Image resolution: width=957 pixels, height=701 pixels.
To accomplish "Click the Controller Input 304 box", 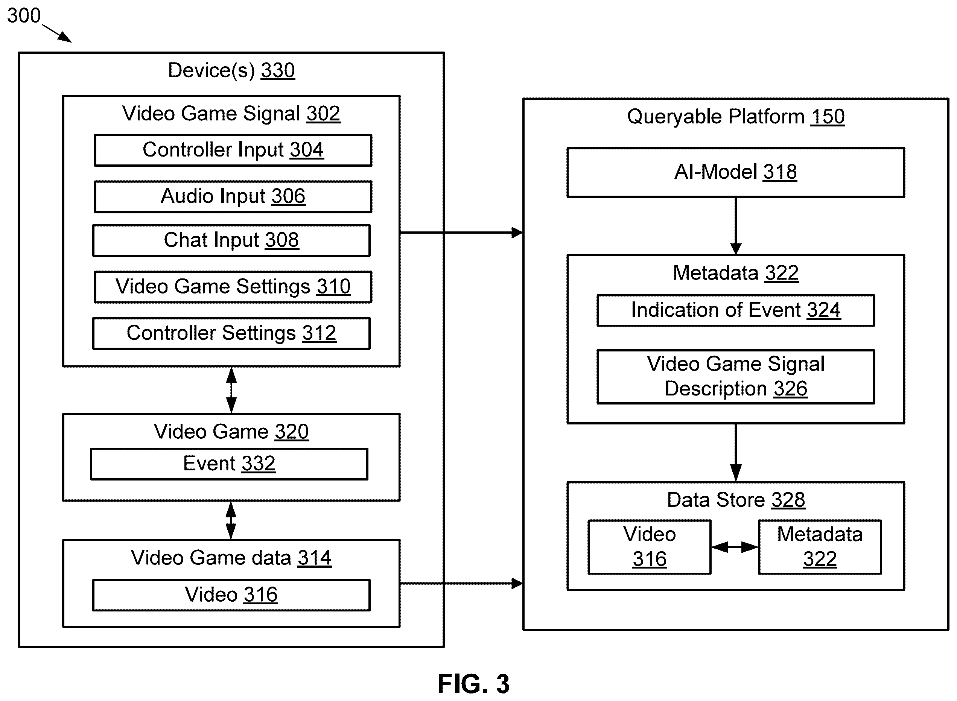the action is tap(233, 150).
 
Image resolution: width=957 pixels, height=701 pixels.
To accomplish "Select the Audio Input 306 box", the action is tap(233, 197).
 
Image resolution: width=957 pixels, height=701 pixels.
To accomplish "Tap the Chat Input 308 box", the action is tap(231, 240).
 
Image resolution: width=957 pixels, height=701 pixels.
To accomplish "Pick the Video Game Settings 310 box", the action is tap(233, 287).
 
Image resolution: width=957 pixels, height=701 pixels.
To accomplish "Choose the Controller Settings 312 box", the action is tap(231, 333).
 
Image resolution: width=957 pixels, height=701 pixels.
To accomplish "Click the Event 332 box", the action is tap(229, 464).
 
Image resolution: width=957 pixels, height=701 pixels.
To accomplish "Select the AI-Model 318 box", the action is tap(736, 173).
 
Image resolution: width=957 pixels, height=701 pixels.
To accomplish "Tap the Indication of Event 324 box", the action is tap(736, 310).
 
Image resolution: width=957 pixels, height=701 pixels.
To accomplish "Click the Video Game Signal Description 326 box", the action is tap(736, 377).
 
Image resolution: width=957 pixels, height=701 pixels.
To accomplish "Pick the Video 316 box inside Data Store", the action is tap(649, 547).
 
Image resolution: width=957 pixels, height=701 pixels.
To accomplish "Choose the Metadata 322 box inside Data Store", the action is tap(820, 547).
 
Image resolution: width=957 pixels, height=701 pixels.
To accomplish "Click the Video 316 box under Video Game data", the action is tap(231, 595).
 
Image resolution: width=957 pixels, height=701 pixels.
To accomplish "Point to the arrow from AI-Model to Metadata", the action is tap(736, 226).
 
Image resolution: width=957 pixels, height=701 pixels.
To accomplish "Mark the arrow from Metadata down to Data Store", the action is tap(736, 453).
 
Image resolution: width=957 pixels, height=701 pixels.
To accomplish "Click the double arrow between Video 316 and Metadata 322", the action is tap(735, 547).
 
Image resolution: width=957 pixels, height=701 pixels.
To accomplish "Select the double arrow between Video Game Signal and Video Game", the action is tap(231, 390).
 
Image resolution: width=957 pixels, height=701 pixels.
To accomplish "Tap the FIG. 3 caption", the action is tap(474, 684).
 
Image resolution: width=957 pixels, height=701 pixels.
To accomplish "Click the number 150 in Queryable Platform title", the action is tap(828, 117).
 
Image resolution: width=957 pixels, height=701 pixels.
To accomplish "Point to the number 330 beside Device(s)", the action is tap(278, 70).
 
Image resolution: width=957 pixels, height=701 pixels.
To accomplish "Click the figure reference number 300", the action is tap(24, 16).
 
